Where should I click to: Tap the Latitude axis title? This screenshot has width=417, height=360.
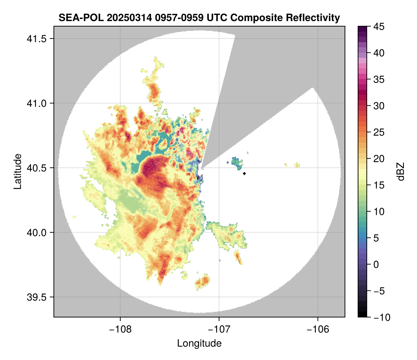tap(17, 171)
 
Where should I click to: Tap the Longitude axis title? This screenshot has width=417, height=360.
tap(199, 343)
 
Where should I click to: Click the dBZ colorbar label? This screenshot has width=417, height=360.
tap(401, 171)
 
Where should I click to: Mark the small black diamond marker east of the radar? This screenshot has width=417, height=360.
tap(245, 173)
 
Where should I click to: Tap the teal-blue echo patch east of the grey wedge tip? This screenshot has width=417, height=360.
tap(238, 163)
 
